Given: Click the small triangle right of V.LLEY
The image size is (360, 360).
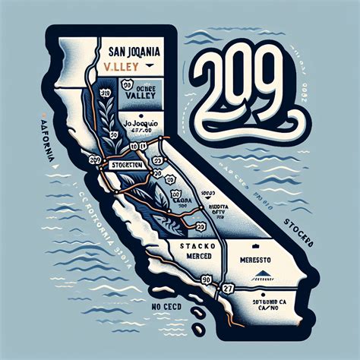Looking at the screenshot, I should [154, 65].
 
